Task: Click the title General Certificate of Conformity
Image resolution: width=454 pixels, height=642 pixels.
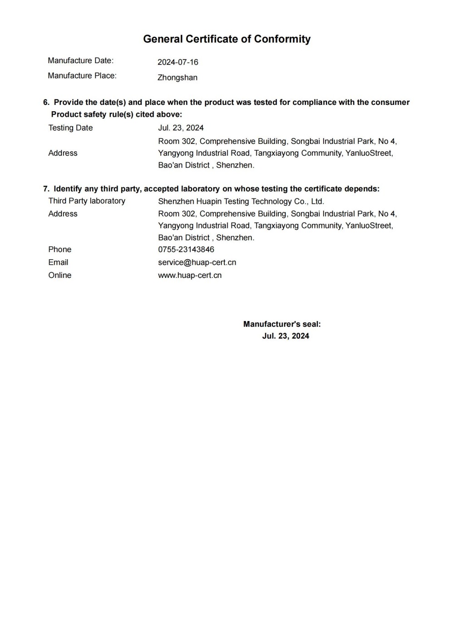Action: (x=227, y=39)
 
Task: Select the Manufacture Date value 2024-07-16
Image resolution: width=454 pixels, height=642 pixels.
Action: (x=178, y=62)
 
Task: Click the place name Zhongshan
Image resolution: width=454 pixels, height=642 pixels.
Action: (x=177, y=78)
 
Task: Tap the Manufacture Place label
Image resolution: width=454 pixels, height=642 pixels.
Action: (x=82, y=76)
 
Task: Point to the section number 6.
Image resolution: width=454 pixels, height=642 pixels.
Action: (x=46, y=103)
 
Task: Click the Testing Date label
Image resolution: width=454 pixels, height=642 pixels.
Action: (x=70, y=128)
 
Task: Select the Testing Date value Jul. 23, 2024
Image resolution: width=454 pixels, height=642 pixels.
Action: (x=181, y=128)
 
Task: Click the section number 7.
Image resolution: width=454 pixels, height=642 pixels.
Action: (x=46, y=189)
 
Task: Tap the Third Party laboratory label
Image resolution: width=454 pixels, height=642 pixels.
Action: (x=87, y=201)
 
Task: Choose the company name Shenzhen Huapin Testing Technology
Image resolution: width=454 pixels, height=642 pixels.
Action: (x=241, y=202)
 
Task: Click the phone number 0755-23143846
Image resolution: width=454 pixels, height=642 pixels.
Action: (x=186, y=250)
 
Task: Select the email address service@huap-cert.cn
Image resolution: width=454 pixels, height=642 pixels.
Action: (x=197, y=262)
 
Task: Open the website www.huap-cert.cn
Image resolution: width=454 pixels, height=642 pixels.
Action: (x=190, y=275)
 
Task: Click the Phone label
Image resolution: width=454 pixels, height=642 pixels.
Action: (x=60, y=250)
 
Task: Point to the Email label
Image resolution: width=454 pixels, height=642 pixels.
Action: (x=58, y=262)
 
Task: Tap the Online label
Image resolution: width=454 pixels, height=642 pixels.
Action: (x=60, y=275)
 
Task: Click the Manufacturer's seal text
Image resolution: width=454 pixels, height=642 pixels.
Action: (x=282, y=324)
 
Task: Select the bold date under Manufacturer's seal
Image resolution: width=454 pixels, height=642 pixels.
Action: (x=286, y=336)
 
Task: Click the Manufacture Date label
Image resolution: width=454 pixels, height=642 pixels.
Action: (x=80, y=61)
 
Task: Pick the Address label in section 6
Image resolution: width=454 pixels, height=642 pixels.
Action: (x=63, y=153)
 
